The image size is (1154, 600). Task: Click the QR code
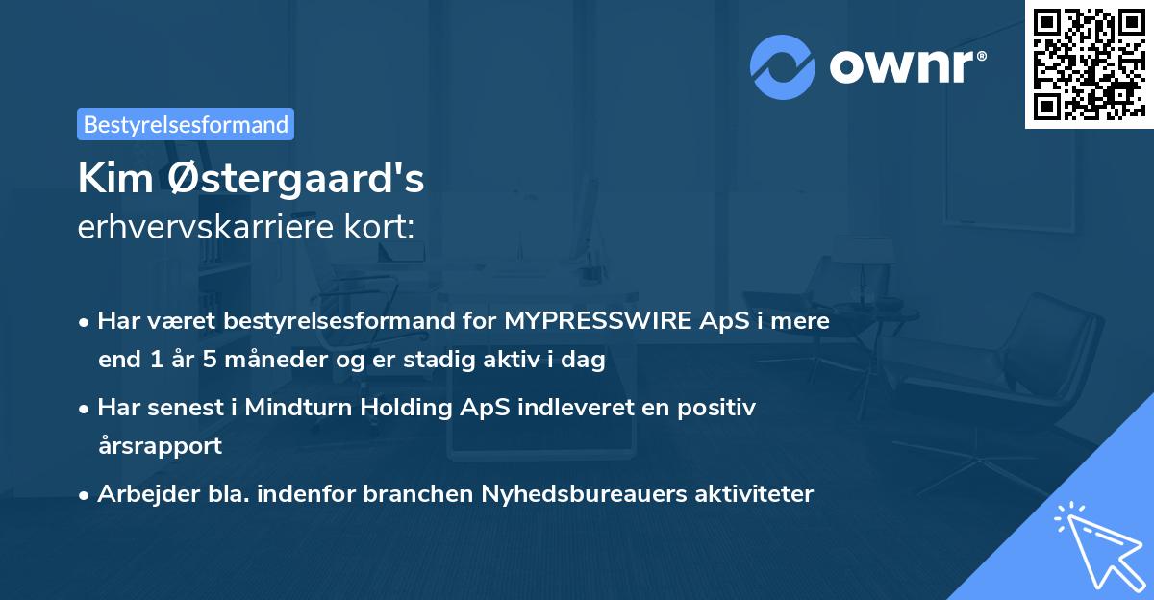click(x=1089, y=64)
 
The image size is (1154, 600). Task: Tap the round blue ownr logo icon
click(x=783, y=66)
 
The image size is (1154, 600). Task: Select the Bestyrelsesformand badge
click(x=186, y=124)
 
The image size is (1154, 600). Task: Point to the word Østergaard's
click(x=289, y=179)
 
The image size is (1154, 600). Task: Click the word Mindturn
click(x=300, y=408)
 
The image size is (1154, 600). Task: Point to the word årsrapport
click(x=160, y=445)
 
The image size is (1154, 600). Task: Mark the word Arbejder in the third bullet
click(x=140, y=494)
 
